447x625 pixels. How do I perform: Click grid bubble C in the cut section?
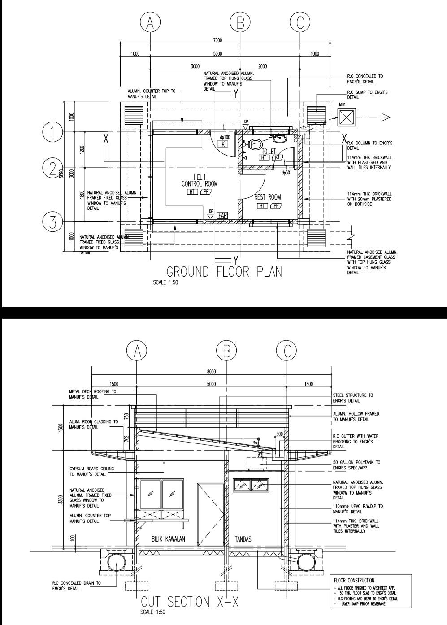point(286,351)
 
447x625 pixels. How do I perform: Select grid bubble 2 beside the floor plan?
point(52,168)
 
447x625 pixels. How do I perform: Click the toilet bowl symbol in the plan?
point(255,144)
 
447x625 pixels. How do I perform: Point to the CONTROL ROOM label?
point(200,184)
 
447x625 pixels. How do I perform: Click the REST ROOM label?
point(267,197)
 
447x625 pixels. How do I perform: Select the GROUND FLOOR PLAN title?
point(224,272)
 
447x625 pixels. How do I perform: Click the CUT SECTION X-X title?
point(190,602)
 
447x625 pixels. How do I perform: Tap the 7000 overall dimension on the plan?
point(217,40)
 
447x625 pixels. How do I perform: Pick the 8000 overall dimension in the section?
point(211,372)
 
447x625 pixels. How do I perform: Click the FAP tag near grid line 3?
point(222,215)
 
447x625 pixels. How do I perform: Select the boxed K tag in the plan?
point(223,144)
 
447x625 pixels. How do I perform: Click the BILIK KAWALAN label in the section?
point(168,539)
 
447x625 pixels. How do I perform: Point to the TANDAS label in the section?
point(243,539)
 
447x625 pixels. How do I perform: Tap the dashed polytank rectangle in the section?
point(256,463)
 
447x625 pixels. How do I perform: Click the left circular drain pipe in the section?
point(116,562)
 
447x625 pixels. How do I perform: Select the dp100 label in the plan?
point(225,137)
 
